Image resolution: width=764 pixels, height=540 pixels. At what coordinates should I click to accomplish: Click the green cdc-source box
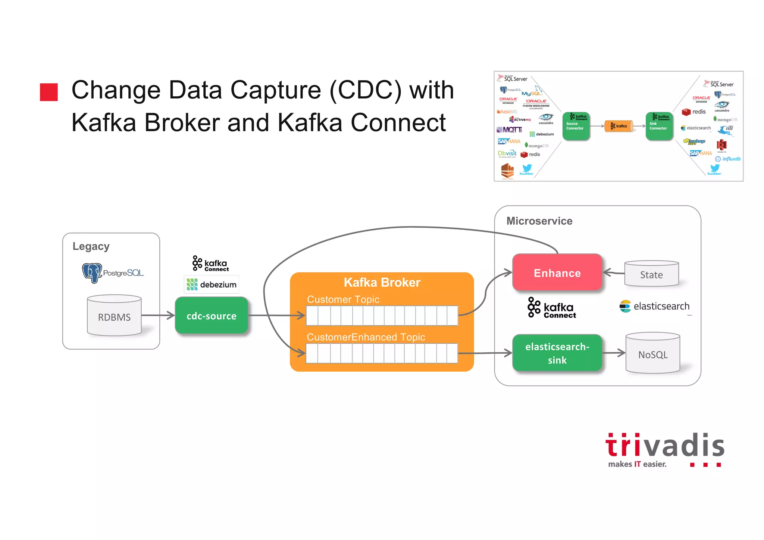click(212, 316)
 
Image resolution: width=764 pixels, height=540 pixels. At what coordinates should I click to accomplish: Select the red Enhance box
click(557, 273)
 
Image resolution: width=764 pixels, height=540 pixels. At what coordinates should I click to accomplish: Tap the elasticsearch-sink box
click(557, 353)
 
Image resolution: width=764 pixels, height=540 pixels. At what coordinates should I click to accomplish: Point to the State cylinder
click(651, 274)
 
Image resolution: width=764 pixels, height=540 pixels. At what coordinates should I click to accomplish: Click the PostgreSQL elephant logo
click(92, 273)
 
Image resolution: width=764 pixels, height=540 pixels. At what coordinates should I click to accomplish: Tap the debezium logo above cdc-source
click(212, 285)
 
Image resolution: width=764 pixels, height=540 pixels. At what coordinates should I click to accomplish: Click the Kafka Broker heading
click(382, 283)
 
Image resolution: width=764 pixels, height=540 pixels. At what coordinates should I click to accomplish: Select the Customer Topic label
click(343, 299)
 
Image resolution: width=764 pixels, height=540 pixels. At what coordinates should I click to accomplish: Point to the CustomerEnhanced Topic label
click(366, 337)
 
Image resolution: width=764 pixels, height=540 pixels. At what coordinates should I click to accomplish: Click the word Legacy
click(91, 246)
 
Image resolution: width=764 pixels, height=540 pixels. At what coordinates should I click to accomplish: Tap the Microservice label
click(539, 221)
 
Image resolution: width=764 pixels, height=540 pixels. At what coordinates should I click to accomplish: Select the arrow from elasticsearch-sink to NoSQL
click(614, 353)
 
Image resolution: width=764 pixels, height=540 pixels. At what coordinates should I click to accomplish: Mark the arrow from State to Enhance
click(614, 273)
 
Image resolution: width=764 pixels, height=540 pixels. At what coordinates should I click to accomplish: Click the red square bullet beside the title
click(49, 92)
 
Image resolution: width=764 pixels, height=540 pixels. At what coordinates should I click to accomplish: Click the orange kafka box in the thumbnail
click(619, 126)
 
